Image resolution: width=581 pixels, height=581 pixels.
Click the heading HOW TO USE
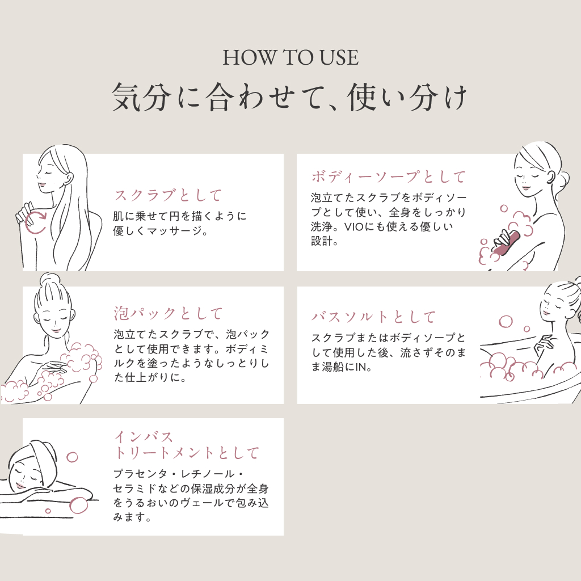tap(290, 58)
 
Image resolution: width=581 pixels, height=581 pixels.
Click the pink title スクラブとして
tap(168, 195)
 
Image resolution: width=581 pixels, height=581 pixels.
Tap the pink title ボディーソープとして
tap(388, 177)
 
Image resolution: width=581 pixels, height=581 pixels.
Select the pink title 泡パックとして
tap(168, 313)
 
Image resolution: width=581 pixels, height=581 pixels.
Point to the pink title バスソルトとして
tap(373, 317)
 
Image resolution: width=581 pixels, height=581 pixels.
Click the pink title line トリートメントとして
tap(186, 453)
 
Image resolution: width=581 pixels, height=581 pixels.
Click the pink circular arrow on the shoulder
tap(36, 222)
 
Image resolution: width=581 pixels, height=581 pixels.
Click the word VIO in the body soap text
tap(353, 227)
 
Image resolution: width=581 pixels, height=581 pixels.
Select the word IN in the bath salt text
tap(361, 367)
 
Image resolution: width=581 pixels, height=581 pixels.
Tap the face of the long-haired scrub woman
tap(48, 174)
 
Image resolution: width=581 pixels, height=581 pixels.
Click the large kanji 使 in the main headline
tap(361, 97)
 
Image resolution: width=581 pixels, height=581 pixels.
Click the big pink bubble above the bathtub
tap(506, 322)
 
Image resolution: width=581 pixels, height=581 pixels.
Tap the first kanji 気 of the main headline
tap(126, 97)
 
